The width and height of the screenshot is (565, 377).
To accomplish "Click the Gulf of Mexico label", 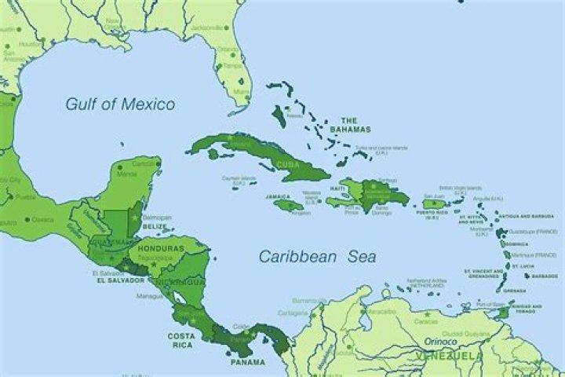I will coord(120,104).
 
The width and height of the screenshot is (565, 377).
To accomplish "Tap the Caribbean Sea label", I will coord(317,256).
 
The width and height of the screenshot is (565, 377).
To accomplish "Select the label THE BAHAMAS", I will coord(350,125).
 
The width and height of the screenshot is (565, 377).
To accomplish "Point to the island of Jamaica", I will coord(288,206).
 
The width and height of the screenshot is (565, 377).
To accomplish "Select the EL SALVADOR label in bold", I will coord(118,280).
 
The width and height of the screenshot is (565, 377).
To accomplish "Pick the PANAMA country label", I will coord(247,363).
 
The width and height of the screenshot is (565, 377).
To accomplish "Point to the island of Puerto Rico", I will coord(434,203).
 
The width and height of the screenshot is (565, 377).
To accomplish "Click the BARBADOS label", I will coord(545,276).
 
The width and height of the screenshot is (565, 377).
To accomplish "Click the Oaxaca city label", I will coord(43,220).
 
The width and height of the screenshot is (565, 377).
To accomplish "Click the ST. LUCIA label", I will coord(543,265).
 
